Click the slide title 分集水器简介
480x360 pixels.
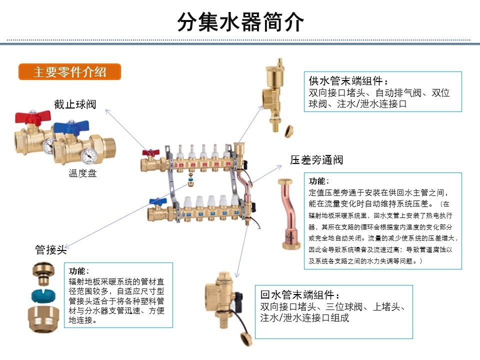(x=240, y=22)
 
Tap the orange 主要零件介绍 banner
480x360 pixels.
(x=69, y=71)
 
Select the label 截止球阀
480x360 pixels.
(x=75, y=104)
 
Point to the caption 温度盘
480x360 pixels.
(x=82, y=173)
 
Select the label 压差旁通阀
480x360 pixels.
(x=316, y=160)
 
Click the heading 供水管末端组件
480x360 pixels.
(x=348, y=81)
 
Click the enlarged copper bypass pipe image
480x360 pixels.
(x=288, y=215)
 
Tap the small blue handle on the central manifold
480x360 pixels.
(x=153, y=202)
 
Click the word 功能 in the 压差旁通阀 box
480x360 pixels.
(x=319, y=180)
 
